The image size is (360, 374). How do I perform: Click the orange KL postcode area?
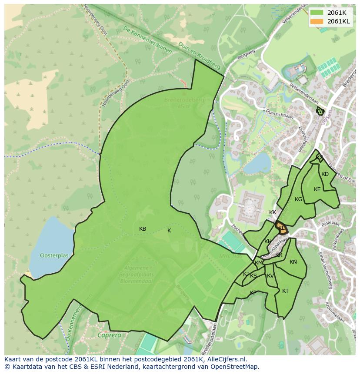[x=281, y=228]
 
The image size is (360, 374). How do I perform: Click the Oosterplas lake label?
[x=54, y=256]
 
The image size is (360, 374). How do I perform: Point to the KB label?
[x=143, y=229]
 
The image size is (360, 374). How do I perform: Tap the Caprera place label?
[x=109, y=335]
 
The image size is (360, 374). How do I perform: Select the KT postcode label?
[x=285, y=291]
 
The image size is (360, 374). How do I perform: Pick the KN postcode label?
[x=293, y=262]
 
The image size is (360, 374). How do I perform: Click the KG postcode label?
[x=298, y=199]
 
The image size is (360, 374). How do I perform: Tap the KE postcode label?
[x=317, y=189]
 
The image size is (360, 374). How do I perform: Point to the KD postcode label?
[x=325, y=174]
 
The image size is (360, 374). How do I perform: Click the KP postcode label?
[x=253, y=293]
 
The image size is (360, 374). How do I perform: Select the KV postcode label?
[x=270, y=276]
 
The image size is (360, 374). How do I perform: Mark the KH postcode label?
[x=268, y=242]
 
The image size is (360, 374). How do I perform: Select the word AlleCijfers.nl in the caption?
[x=226, y=359]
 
